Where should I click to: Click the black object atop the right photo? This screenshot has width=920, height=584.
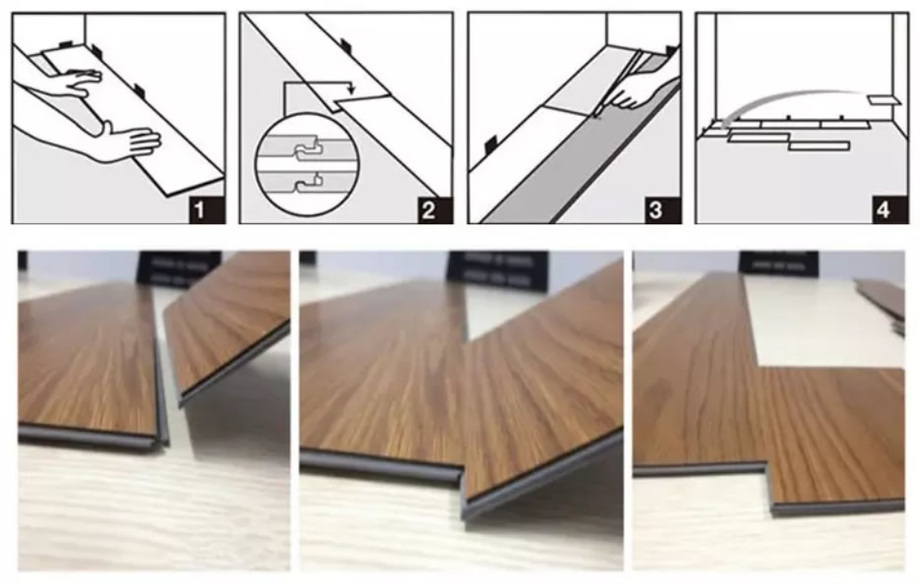777,262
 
